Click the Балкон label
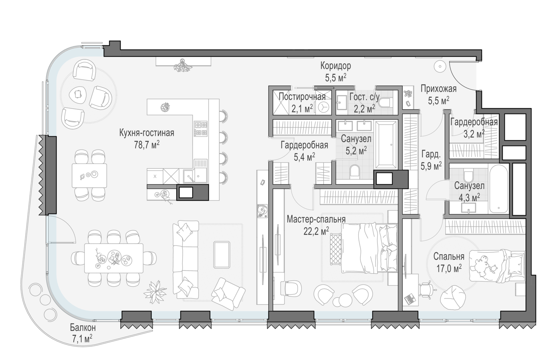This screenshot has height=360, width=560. pos(83,327)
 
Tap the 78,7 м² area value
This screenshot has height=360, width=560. pos(147,145)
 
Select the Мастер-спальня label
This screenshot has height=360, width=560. pos(316,219)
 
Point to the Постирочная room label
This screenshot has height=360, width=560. pos(302,96)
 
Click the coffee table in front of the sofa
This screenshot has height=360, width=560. pos(222,255)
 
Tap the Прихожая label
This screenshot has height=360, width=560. pos(439,89)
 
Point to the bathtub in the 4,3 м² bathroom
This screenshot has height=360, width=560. pos(498,188)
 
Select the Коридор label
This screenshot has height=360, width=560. pos(336,66)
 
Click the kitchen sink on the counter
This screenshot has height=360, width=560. pos(195,176)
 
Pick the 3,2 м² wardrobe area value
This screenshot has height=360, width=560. pos(474,134)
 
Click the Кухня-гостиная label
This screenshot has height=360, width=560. pos(147,133)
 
